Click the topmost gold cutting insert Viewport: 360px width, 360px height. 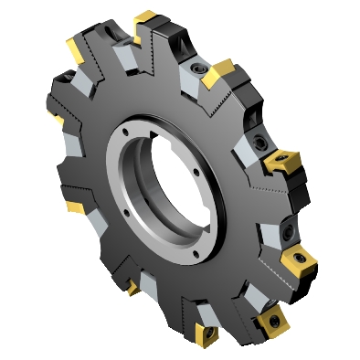pos(146,18)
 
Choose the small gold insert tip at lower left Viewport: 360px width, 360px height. pos(133,290)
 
